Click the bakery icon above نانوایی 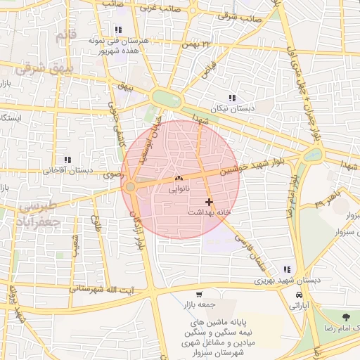tap(178, 179)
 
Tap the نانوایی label tap(179, 188)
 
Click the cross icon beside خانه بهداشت tap(209, 201)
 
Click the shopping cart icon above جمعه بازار tap(199, 295)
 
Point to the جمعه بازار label tap(199, 304)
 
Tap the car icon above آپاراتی tap(300, 295)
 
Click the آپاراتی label tap(300, 306)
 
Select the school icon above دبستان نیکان tap(232, 98)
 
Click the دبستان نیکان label tap(233, 109)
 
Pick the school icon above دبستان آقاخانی tap(67, 160)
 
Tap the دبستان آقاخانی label tap(68, 170)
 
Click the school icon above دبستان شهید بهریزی tap(286, 269)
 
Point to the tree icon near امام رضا tap(345, 318)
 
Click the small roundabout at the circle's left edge tap(131, 186)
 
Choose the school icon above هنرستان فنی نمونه tap(117, 30)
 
